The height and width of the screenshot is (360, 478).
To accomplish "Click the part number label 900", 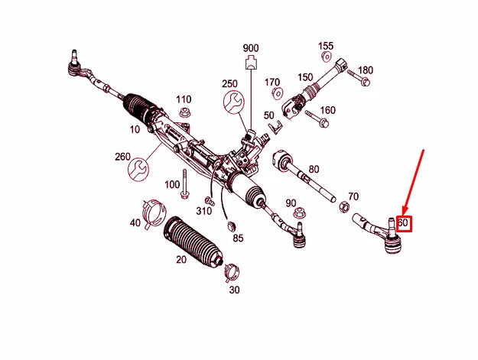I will click(252, 47).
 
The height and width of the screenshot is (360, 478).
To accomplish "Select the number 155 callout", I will click(326, 45).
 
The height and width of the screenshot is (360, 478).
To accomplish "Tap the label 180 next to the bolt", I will click(366, 70).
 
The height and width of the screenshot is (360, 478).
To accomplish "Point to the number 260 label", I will click(123, 157).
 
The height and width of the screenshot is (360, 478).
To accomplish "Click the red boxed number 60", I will click(404, 224).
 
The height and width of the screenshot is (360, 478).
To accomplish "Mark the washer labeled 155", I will click(327, 57).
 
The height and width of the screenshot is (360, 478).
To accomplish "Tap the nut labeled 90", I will click(301, 212).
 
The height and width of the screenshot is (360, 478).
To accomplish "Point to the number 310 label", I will click(203, 210).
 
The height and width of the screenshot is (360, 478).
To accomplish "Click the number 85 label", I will click(238, 238).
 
